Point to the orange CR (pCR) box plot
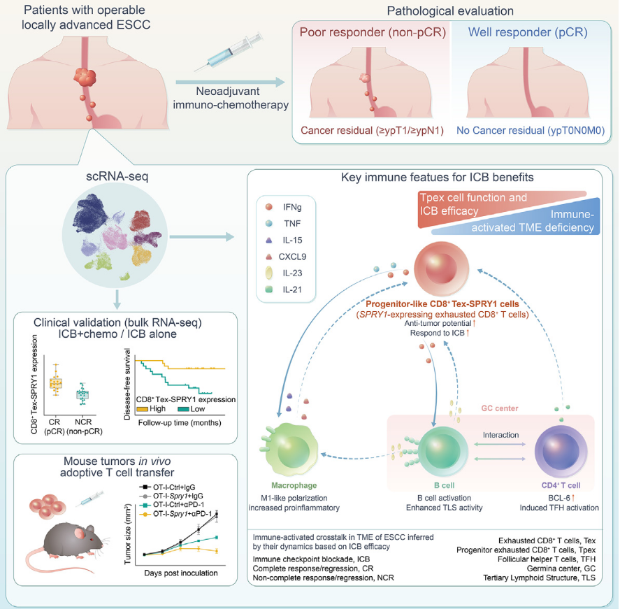55,382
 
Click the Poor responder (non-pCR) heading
373,33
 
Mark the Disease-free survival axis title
127,387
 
